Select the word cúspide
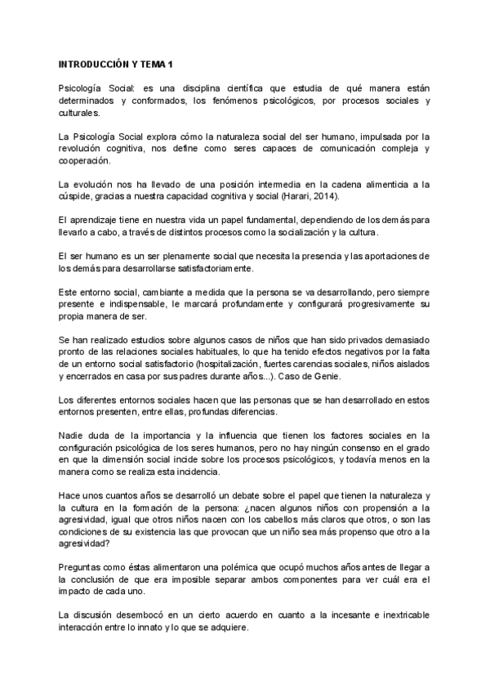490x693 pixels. click(75, 196)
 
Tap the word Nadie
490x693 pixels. click(72, 436)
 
